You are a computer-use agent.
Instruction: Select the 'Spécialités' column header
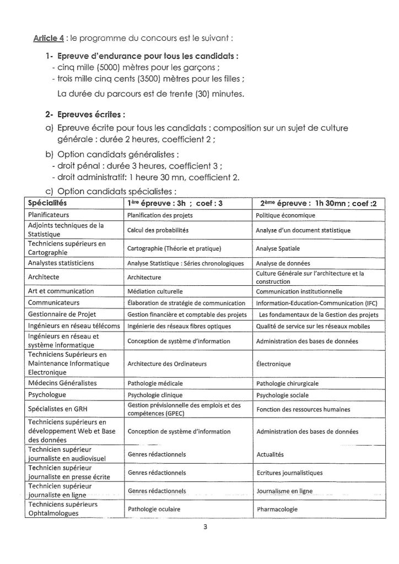tap(47, 203)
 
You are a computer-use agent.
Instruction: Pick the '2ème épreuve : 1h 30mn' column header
tap(315, 203)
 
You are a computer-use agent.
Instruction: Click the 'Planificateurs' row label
tap(49, 214)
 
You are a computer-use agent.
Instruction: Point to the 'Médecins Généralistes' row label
tap(58, 383)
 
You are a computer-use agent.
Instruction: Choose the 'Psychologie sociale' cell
tap(282, 395)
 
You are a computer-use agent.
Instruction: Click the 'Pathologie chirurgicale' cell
tap(287, 383)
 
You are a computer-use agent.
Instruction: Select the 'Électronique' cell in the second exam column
tap(274, 364)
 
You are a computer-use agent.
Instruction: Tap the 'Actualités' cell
tap(269, 455)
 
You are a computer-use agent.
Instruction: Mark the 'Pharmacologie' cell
tap(277, 509)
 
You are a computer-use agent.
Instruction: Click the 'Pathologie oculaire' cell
tap(154, 509)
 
